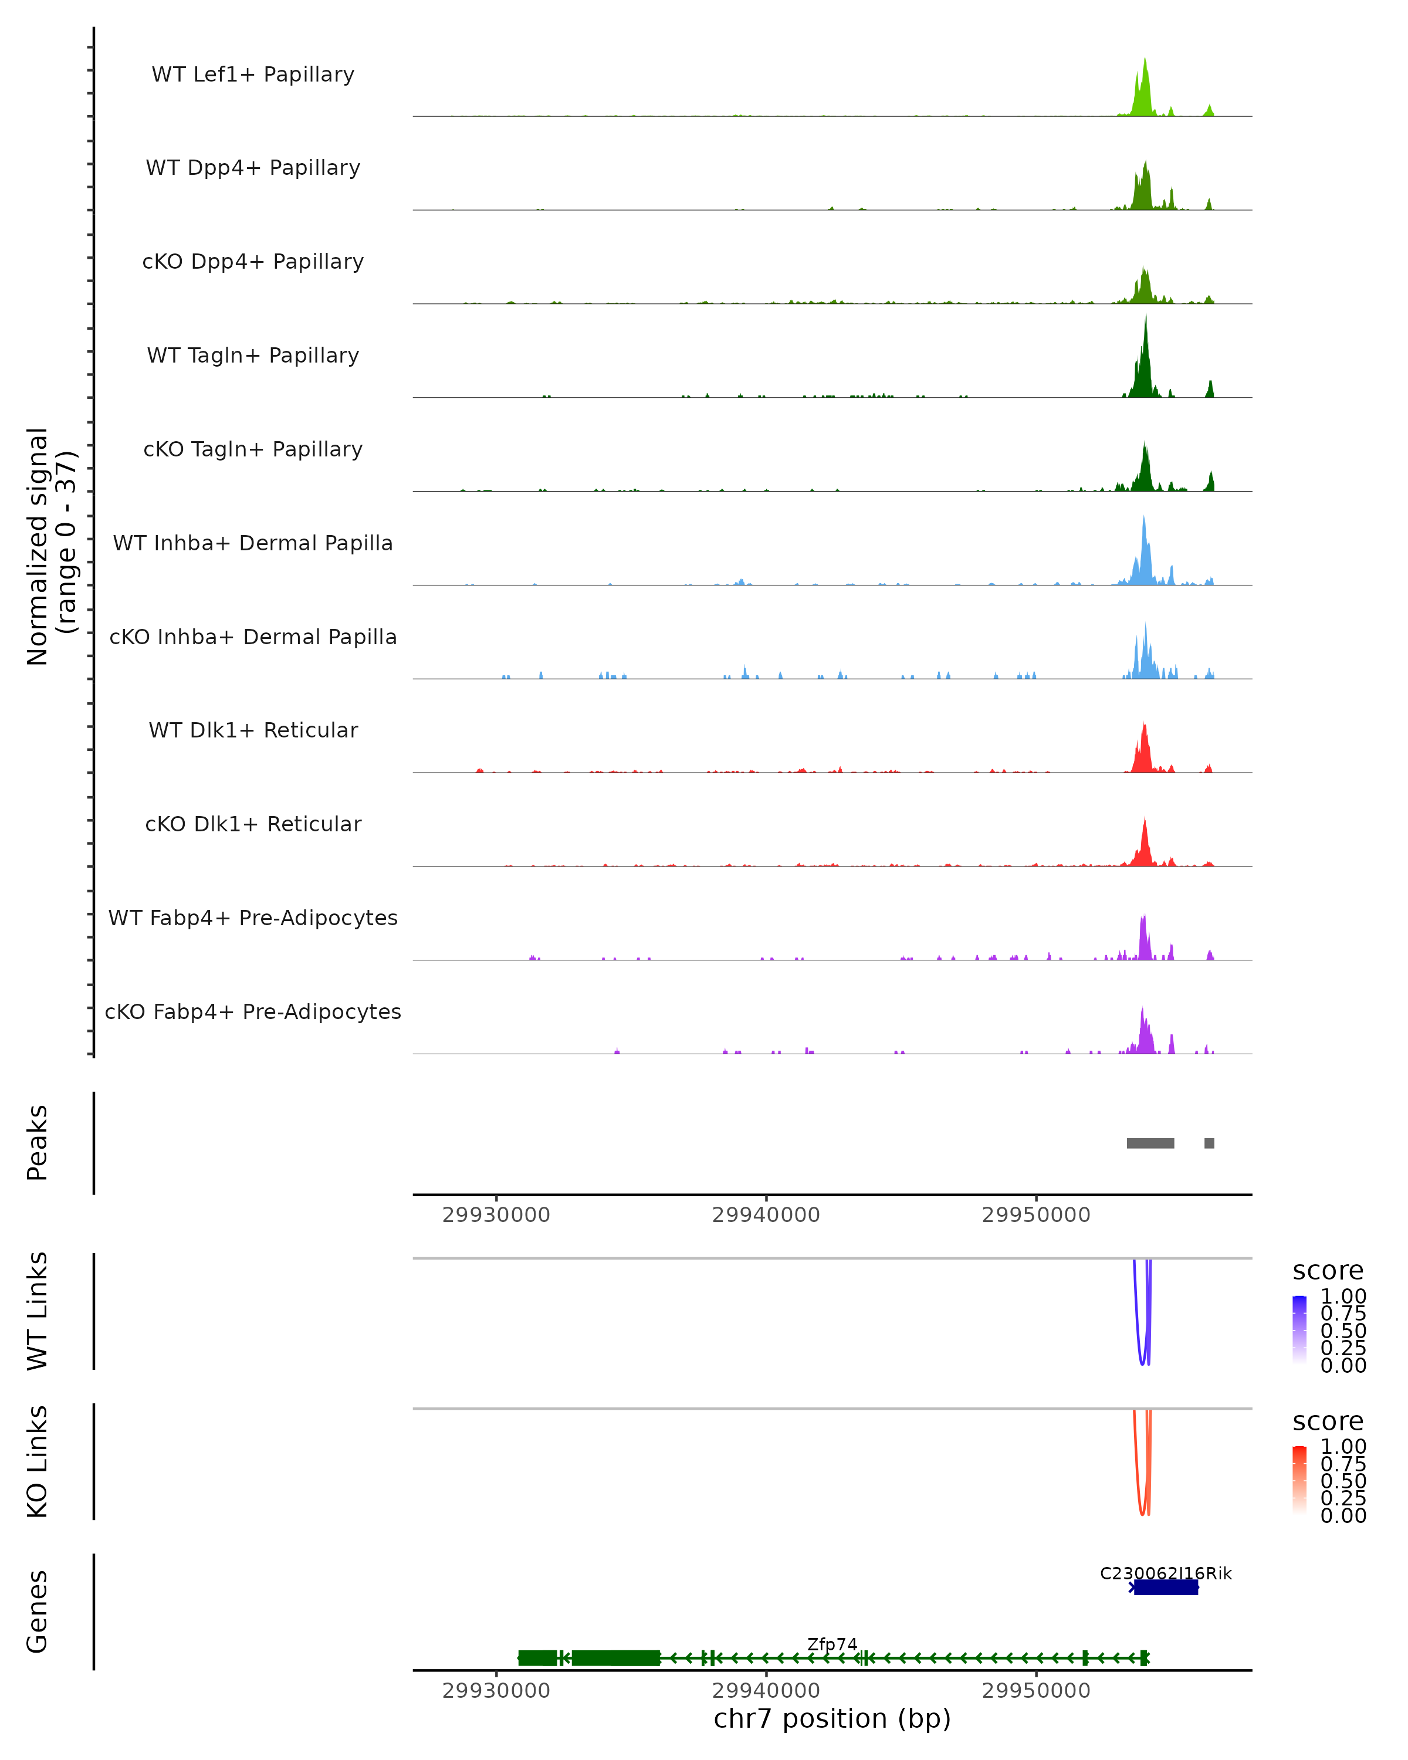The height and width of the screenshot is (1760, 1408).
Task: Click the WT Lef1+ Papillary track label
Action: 253,75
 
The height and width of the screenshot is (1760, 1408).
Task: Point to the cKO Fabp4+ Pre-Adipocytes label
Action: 253,1011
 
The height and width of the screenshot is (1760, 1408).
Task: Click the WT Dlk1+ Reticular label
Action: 253,730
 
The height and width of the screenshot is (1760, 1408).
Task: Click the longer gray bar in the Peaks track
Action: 1150,1143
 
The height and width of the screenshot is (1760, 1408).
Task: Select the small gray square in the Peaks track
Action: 1209,1143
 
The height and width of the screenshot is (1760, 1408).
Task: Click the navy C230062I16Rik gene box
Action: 1166,1587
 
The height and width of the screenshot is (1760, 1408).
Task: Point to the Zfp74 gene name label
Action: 832,1644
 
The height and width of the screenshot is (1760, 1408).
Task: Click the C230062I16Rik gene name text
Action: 1166,1573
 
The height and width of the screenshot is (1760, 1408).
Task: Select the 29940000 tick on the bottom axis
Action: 766,1691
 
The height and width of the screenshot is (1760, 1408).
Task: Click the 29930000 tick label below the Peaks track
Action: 496,1215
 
